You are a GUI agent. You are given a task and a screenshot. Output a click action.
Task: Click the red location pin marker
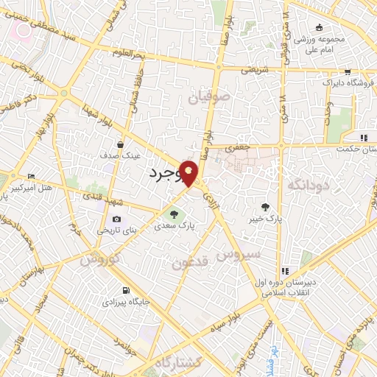189,172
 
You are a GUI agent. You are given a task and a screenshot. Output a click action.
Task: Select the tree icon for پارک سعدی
175,214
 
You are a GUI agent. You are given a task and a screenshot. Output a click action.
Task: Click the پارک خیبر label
266,219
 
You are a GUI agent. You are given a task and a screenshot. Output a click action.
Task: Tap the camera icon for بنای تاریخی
116,219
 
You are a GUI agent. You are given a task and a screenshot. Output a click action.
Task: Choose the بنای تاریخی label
112,232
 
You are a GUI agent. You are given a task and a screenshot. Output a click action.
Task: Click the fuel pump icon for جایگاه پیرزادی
126,289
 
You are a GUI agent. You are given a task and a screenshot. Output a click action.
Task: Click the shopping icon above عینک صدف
119,144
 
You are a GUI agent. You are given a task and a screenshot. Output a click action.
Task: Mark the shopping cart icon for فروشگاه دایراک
347,72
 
